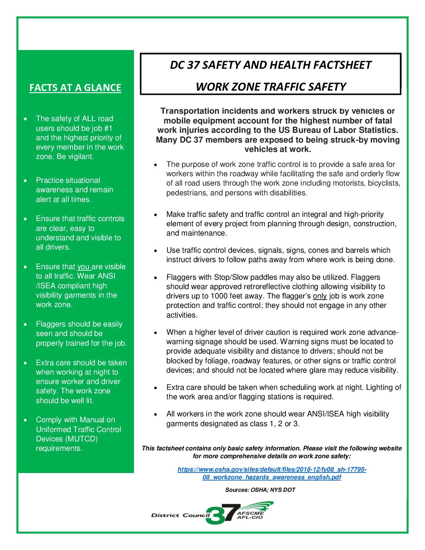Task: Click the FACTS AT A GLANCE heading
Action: pyautogui.click(x=75, y=87)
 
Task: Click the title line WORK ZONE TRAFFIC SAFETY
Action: pyautogui.click(x=271, y=87)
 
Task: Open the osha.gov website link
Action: pyautogui.click(x=271, y=473)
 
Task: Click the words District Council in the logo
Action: pyautogui.click(x=180, y=515)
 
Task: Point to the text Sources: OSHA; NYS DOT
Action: pyautogui.click(x=260, y=490)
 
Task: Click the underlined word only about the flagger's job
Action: pyautogui.click(x=320, y=296)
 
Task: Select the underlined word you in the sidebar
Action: pyautogui.click(x=83, y=267)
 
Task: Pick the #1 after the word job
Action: pyautogui.click(x=108, y=128)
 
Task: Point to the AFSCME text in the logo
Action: pyautogui.click(x=250, y=513)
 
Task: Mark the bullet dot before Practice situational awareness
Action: pyautogui.click(x=25, y=181)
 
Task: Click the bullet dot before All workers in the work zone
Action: pyautogui.click(x=155, y=414)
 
